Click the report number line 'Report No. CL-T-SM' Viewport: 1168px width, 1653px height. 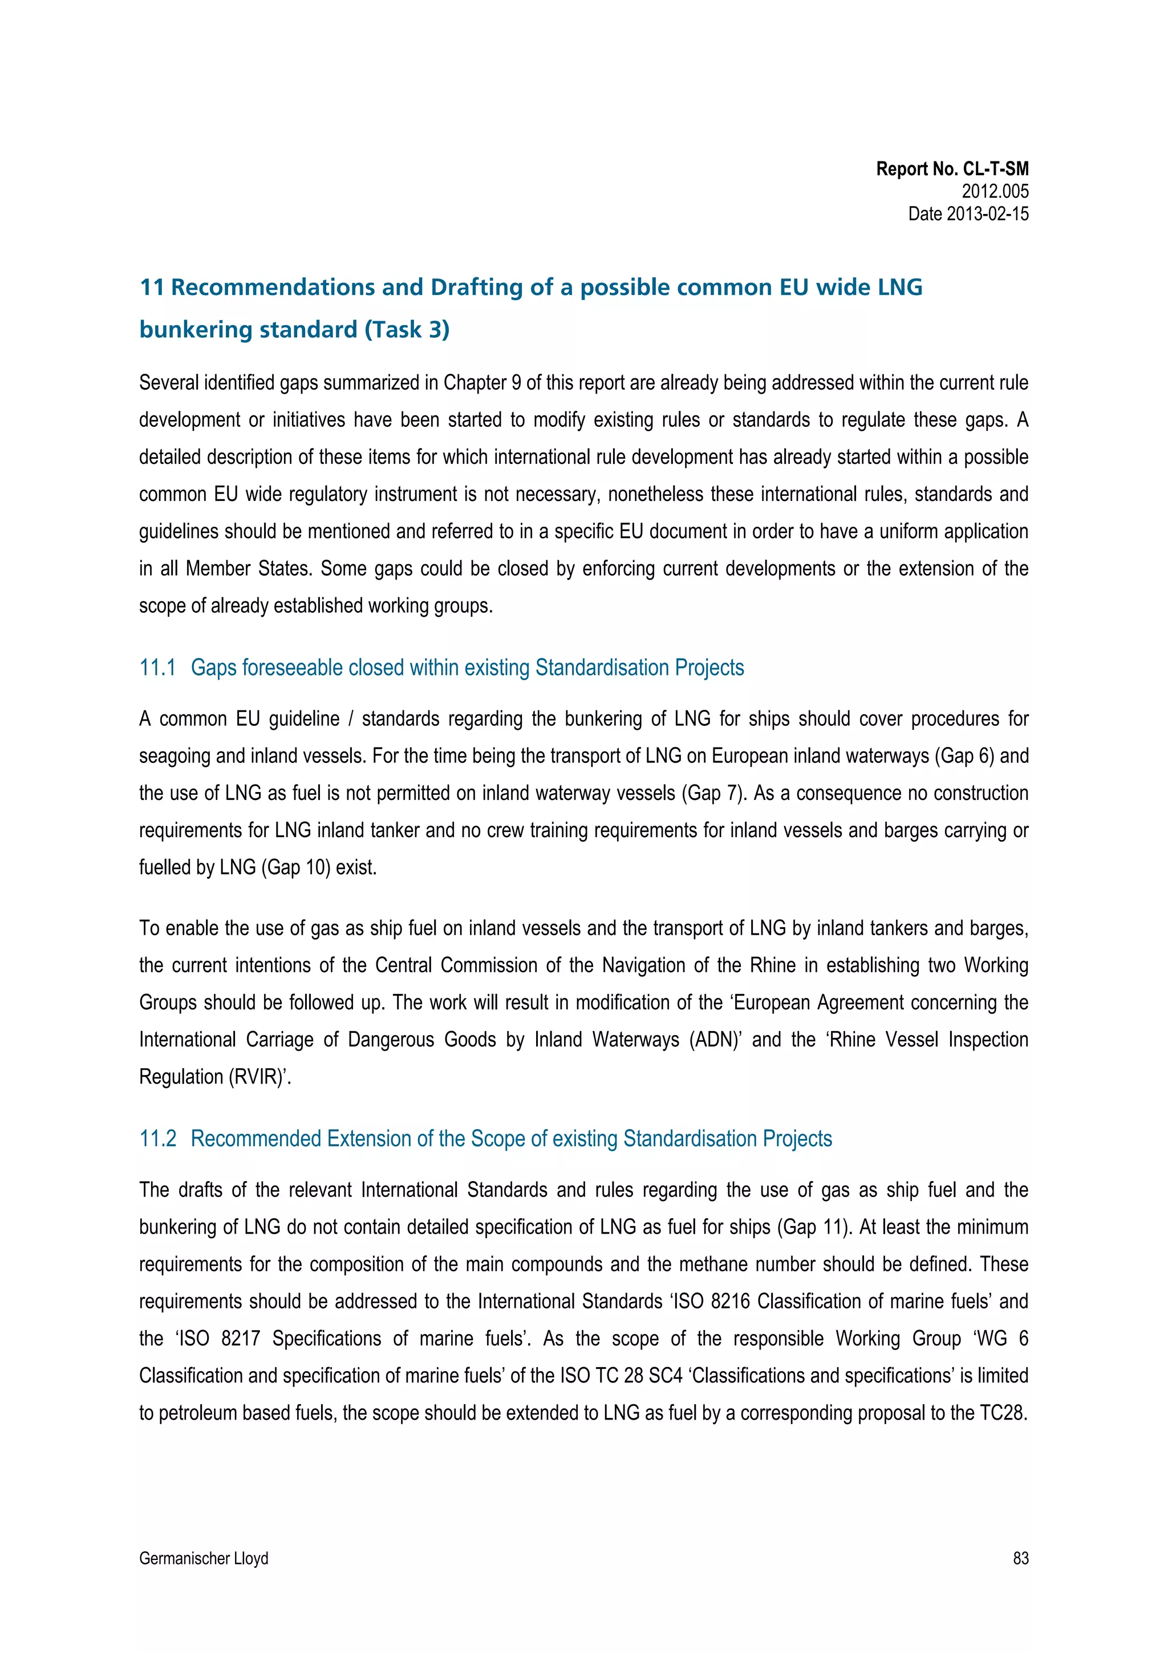pos(951,169)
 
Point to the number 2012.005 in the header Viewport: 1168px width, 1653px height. pos(995,192)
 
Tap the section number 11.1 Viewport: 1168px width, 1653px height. pos(157,668)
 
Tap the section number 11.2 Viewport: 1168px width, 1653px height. pos(157,1138)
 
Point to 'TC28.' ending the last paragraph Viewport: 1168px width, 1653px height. pos(1003,1413)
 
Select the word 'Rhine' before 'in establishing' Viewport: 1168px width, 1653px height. pos(772,965)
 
